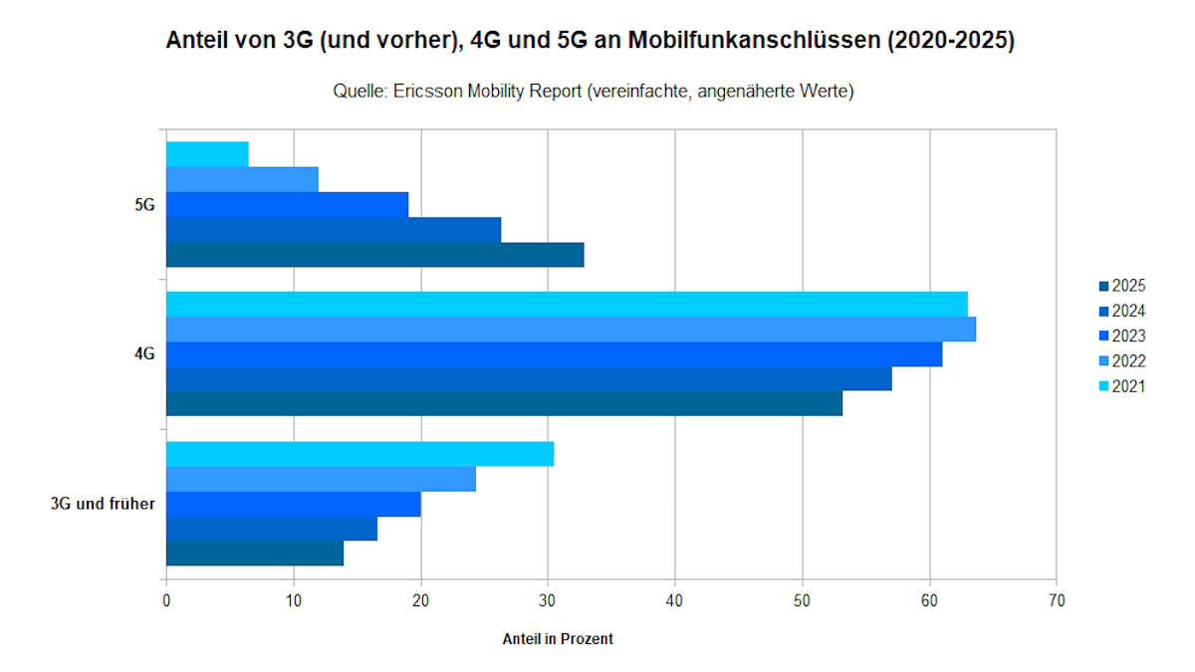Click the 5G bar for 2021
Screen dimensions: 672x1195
pyautogui.click(x=207, y=154)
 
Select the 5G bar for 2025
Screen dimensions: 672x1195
pyautogui.click(x=374, y=255)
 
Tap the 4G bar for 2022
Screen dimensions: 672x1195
pyautogui.click(x=571, y=329)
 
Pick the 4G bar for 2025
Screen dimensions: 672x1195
pyautogui.click(x=504, y=403)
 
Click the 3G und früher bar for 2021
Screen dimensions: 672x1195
pyautogui.click(x=359, y=454)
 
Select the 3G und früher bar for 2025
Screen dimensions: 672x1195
pyautogui.click(x=255, y=554)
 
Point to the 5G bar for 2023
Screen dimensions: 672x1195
pyautogui.click(x=287, y=204)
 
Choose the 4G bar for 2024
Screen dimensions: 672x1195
pyautogui.click(x=529, y=379)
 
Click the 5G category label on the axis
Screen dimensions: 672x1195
pyautogui.click(x=144, y=205)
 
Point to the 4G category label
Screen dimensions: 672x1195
pyautogui.click(x=144, y=354)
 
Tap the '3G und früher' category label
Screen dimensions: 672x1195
pyautogui.click(x=103, y=504)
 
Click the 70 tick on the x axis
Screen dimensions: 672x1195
pyautogui.click(x=1057, y=601)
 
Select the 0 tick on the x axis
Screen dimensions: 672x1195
pyautogui.click(x=166, y=601)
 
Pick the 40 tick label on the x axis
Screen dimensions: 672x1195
pyautogui.click(x=675, y=601)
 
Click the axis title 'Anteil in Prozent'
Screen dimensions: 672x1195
pyautogui.click(x=558, y=639)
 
